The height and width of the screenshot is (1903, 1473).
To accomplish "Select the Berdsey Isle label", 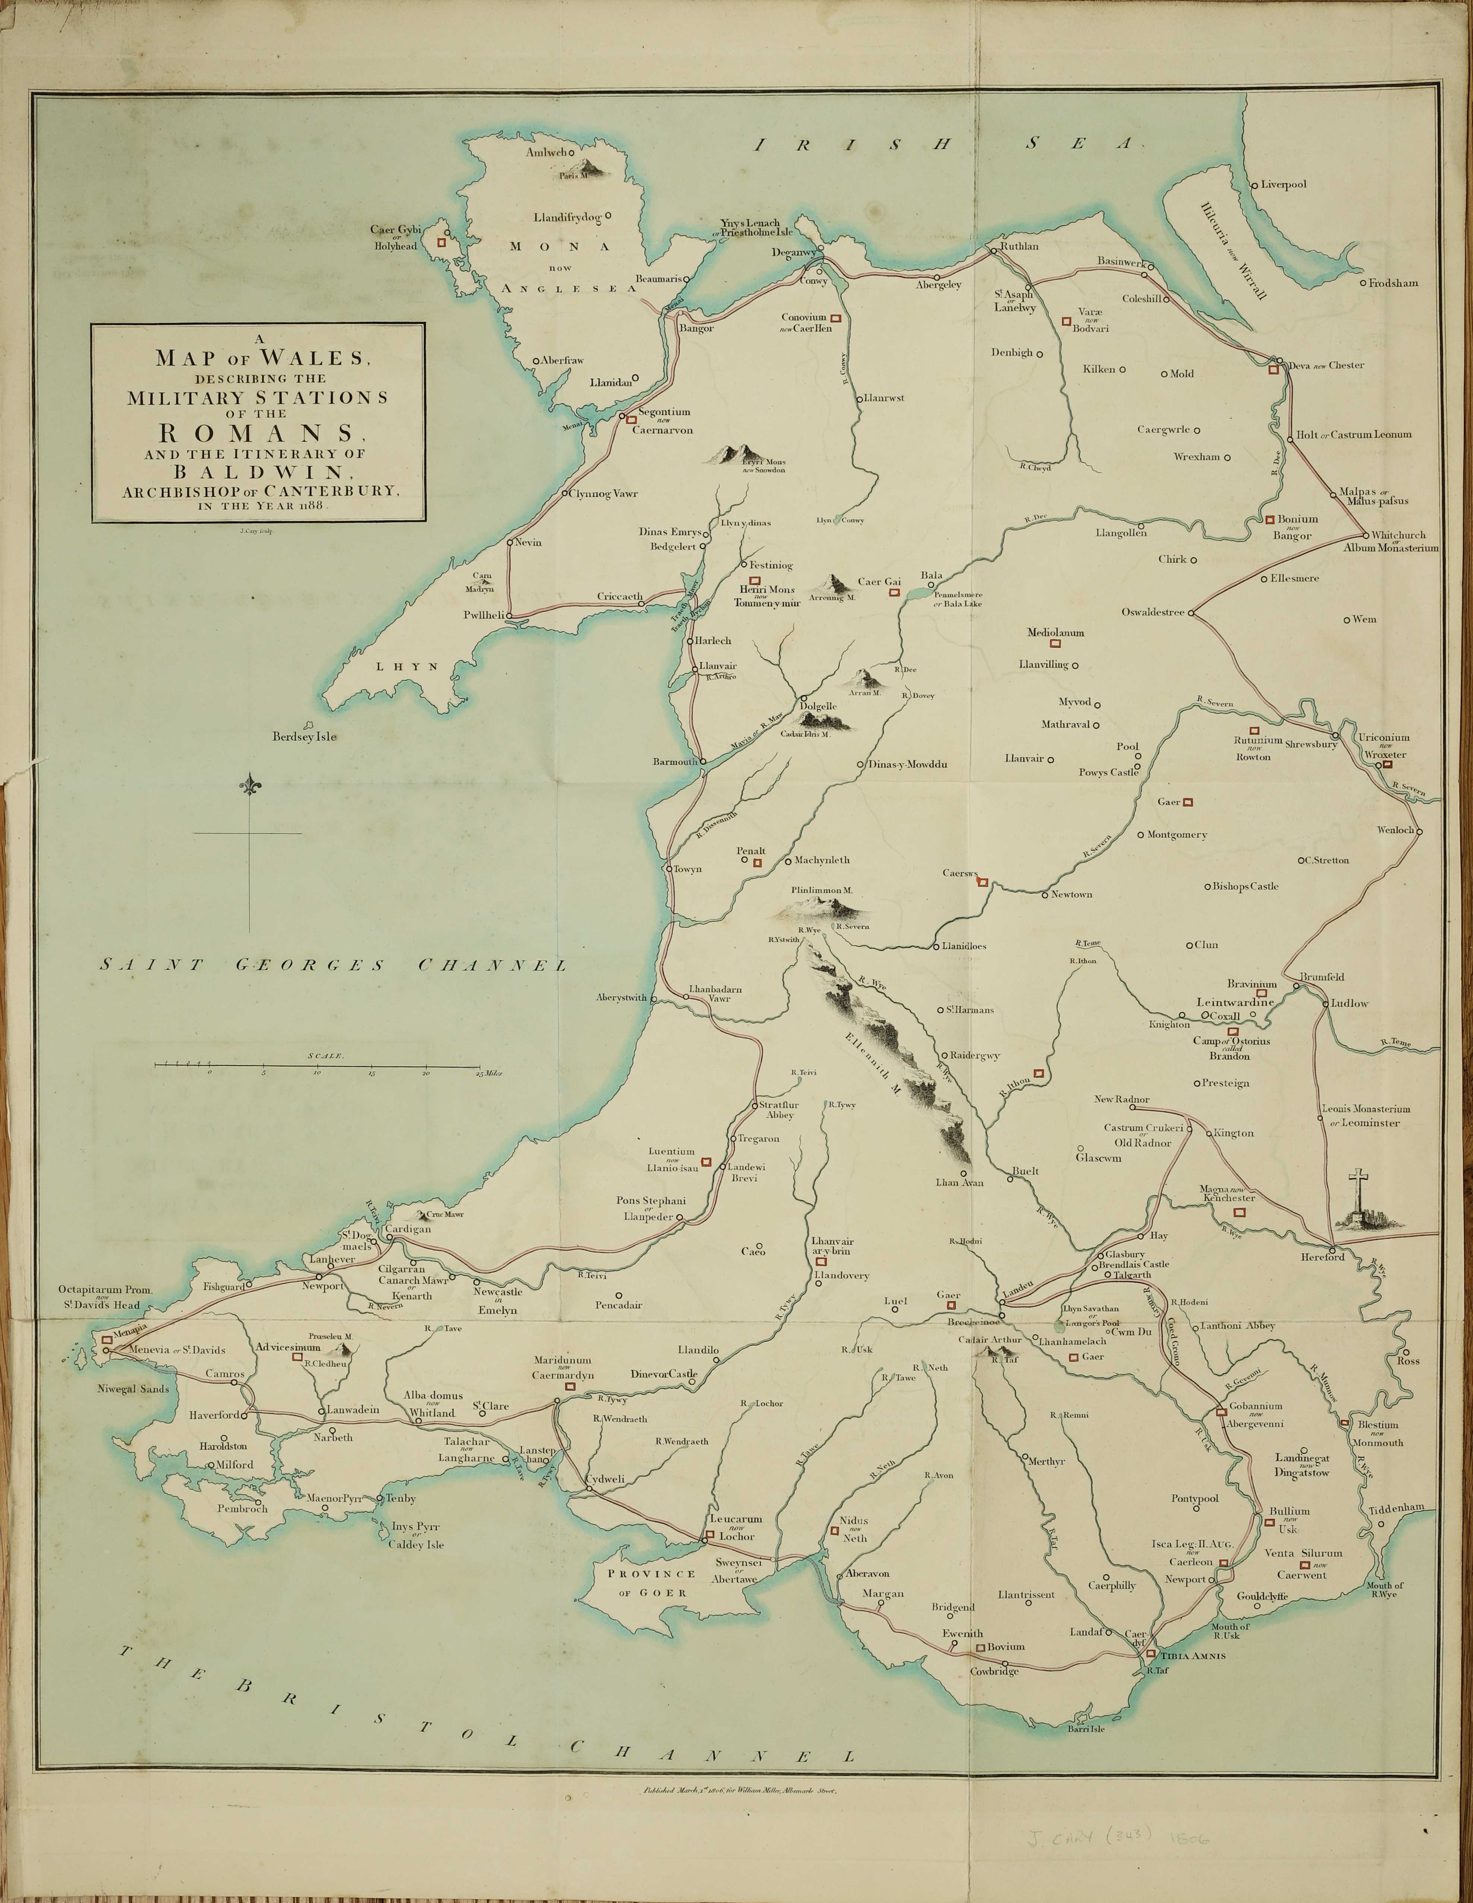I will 304,736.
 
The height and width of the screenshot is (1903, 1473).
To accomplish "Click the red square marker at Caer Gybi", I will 442,243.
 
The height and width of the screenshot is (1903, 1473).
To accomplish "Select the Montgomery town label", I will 1177,835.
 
